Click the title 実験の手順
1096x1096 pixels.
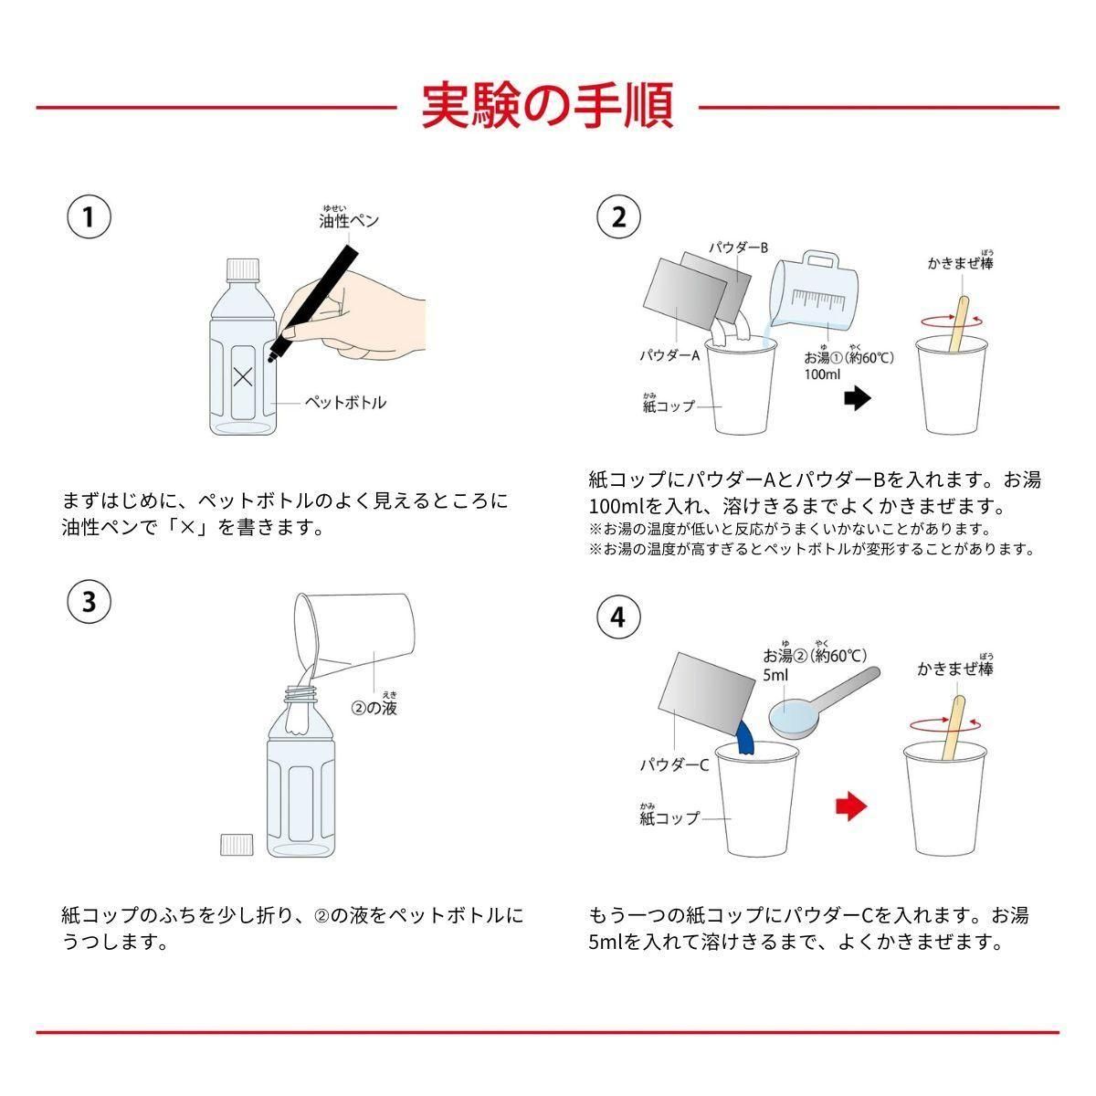pyautogui.click(x=547, y=106)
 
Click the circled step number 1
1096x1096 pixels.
pyautogui.click(x=89, y=216)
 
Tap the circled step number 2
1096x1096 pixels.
pyautogui.click(x=618, y=216)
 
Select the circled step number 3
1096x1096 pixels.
pyautogui.click(x=89, y=602)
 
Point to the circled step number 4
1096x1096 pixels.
pyautogui.click(x=618, y=617)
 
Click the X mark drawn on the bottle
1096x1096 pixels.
pyautogui.click(x=243, y=376)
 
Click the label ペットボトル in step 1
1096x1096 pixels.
pyautogui.click(x=345, y=403)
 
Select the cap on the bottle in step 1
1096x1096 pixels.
pyautogui.click(x=243, y=269)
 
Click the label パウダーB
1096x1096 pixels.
pyautogui.click(x=738, y=248)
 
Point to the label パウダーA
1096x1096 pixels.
pyautogui.click(x=669, y=355)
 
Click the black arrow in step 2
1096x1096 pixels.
pyautogui.click(x=857, y=399)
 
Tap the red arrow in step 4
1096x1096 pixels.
pyautogui.click(x=851, y=806)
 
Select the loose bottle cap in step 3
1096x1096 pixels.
pyautogui.click(x=237, y=845)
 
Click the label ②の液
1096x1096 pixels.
pyautogui.click(x=374, y=708)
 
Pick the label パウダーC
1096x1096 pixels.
pyautogui.click(x=675, y=765)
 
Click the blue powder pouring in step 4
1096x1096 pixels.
pyautogui.click(x=745, y=738)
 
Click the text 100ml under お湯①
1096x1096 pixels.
pyautogui.click(x=822, y=374)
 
